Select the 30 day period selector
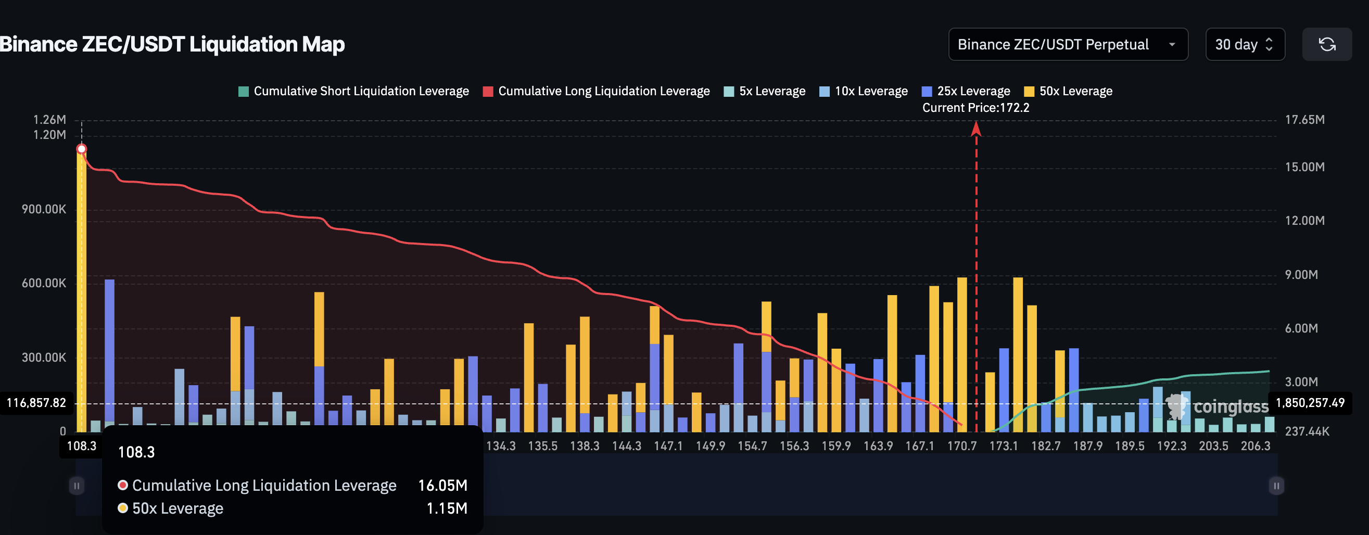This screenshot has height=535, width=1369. click(1244, 45)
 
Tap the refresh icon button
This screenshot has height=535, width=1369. click(1326, 45)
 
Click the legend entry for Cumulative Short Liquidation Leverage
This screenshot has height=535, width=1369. click(353, 92)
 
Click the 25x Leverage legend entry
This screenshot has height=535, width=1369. click(966, 92)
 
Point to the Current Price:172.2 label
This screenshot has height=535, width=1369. click(975, 108)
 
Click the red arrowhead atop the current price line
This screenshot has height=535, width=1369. click(975, 128)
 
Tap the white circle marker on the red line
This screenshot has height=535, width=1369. click(81, 149)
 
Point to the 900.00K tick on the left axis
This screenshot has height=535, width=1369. click(44, 209)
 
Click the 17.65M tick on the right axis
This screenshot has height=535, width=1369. click(1304, 120)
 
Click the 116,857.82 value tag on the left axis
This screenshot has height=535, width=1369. click(36, 403)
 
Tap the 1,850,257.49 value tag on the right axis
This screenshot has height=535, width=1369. click(1310, 403)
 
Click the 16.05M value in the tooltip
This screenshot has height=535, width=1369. click(442, 486)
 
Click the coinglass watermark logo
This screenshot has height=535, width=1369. click(1217, 407)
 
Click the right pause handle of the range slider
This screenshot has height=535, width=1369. click(1276, 486)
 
